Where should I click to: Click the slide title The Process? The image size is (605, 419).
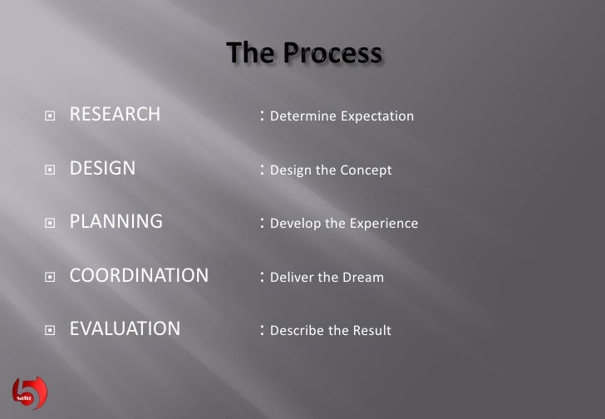(304, 54)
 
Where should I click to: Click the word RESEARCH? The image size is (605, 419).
(115, 115)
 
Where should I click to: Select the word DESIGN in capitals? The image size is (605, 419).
(102, 169)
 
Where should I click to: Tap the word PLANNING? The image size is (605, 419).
(116, 222)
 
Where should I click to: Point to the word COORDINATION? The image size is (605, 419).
(139, 275)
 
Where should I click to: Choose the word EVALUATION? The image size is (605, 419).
(125, 329)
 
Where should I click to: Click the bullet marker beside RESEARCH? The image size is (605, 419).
(50, 116)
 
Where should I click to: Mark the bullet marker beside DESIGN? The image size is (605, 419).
(50, 170)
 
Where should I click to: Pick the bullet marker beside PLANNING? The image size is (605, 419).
(50, 223)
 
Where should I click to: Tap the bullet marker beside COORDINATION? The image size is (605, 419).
(50, 276)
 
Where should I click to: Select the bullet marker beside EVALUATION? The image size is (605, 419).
(50, 330)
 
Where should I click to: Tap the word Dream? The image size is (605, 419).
(364, 277)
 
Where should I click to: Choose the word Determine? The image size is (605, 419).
(301, 116)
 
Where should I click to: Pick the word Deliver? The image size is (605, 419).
(293, 277)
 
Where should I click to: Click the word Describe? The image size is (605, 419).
(297, 330)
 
